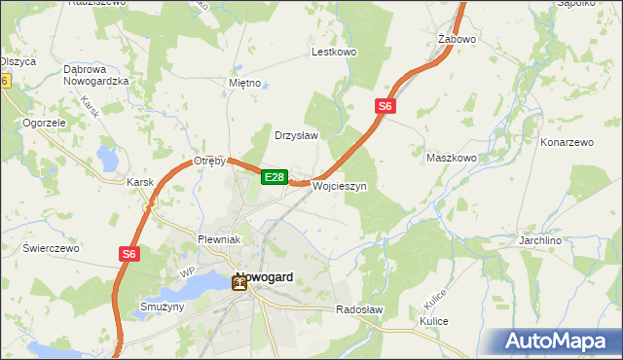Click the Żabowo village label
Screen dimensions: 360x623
[456, 40]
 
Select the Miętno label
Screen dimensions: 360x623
[244, 83]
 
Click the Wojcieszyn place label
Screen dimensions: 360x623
[339, 186]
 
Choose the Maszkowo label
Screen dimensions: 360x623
[452, 158]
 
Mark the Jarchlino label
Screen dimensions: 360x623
[569, 239]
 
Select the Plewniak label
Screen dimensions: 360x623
[218, 239]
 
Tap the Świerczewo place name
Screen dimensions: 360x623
[51, 248]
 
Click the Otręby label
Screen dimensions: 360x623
[209, 162]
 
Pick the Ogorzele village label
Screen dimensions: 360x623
[44, 124]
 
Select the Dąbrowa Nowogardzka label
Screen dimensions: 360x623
[96, 75]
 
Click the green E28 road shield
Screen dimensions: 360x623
[275, 177]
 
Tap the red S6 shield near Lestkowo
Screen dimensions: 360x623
[385, 106]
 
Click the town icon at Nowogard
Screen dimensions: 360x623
[239, 284]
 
